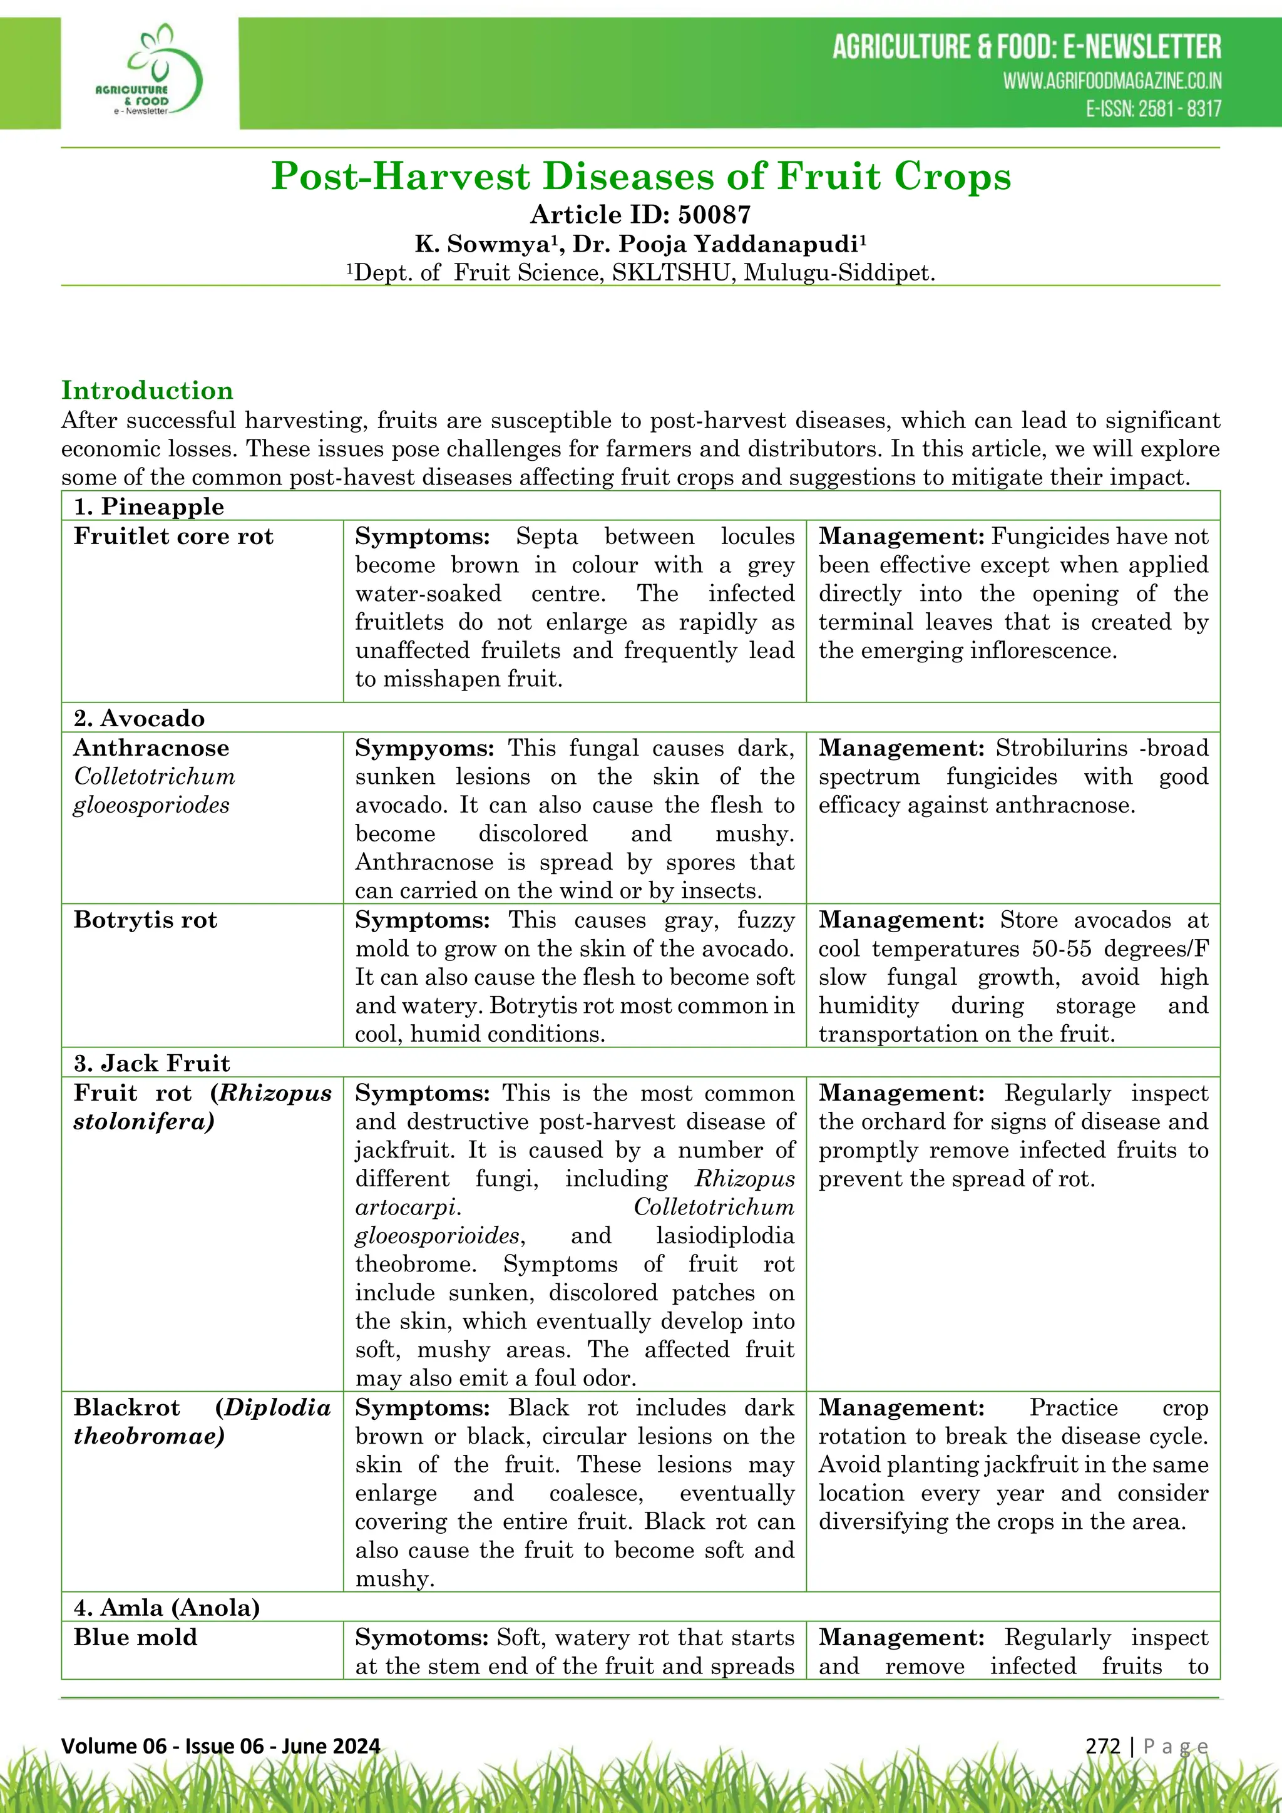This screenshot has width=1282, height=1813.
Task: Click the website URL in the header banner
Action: (1112, 81)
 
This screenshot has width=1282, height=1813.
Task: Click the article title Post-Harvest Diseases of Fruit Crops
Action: (640, 176)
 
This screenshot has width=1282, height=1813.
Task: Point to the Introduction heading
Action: (147, 390)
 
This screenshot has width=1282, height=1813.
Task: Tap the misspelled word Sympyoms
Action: (424, 747)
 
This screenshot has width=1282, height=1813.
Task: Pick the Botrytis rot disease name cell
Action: (145, 920)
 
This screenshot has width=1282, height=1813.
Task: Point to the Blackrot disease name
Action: (126, 1407)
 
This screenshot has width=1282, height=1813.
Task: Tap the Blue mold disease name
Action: (135, 1637)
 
